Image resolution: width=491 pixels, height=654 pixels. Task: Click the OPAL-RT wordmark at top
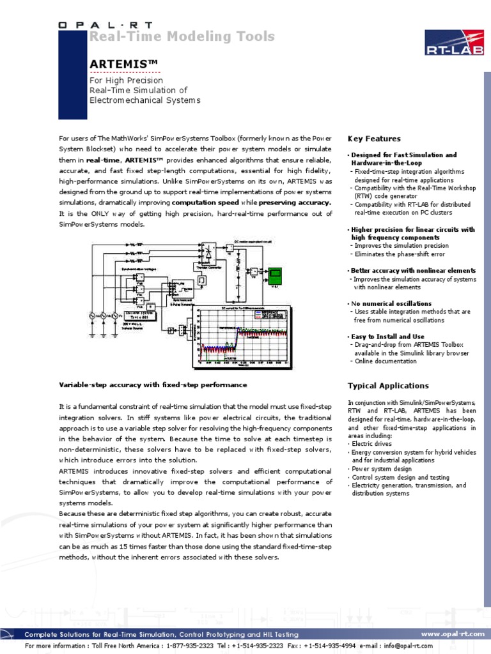pos(105,24)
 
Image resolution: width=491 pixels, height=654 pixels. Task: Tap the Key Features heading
pos(374,139)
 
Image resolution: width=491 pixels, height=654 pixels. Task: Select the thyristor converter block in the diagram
pos(208,252)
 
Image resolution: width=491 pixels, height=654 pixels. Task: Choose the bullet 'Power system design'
pos(382,469)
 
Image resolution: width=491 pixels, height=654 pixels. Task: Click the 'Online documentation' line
pos(386,361)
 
